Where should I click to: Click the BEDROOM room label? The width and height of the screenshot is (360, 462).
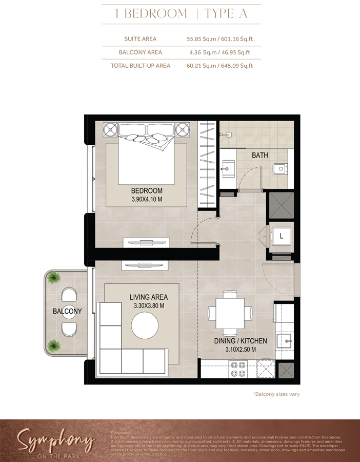pyautogui.click(x=147, y=191)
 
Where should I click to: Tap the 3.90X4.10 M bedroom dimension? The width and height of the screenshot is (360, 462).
pyautogui.click(x=147, y=200)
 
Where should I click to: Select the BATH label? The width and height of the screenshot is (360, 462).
pyautogui.click(x=259, y=155)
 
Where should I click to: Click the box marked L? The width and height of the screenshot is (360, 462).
pyautogui.click(x=281, y=237)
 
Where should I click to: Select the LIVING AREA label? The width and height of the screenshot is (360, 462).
pyautogui.click(x=149, y=297)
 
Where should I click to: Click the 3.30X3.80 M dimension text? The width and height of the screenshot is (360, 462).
pyautogui.click(x=149, y=306)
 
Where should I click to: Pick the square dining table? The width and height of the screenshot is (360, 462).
pyautogui.click(x=230, y=313)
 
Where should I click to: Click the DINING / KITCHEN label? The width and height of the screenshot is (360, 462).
pyautogui.click(x=240, y=341)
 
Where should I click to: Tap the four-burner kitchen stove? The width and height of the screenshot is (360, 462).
pyautogui.click(x=238, y=369)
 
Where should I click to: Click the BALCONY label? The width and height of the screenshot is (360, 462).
pyautogui.click(x=67, y=311)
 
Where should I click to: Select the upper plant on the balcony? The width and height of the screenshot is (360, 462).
pyautogui.click(x=53, y=278)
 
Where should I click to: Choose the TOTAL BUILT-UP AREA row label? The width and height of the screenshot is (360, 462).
pyautogui.click(x=141, y=66)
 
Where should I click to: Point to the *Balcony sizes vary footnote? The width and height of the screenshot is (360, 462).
pyautogui.click(x=276, y=394)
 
